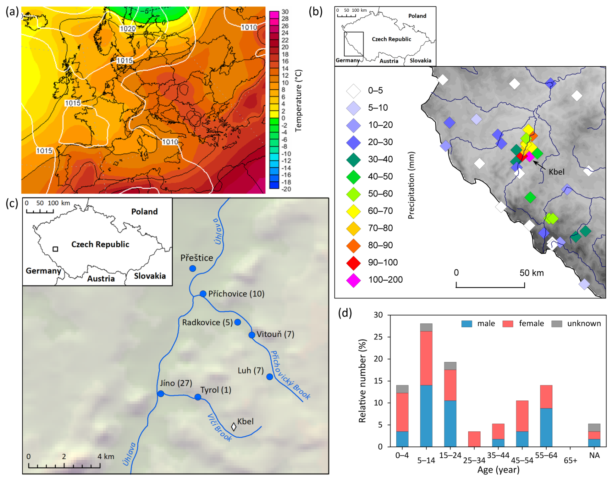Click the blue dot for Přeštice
tap(192, 268)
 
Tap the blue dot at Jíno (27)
tap(161, 394)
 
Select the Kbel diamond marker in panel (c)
tap(234, 427)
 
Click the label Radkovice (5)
tap(207, 322)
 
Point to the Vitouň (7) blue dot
tap(252, 335)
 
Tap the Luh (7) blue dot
tap(270, 377)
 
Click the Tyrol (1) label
tap(216, 390)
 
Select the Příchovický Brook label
tap(290, 375)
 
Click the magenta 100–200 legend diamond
tap(353, 280)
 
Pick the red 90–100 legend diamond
tap(353, 263)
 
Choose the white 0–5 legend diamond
tap(353, 91)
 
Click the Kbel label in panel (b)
tap(556, 172)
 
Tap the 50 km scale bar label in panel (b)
tap(531, 273)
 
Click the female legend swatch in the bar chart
tap(508, 324)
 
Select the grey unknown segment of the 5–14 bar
tap(426, 327)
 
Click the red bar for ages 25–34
tap(474, 439)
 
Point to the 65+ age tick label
tap(570, 460)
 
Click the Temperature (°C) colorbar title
tap(298, 101)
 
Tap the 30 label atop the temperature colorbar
tap(285, 12)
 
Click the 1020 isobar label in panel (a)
tap(128, 29)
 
